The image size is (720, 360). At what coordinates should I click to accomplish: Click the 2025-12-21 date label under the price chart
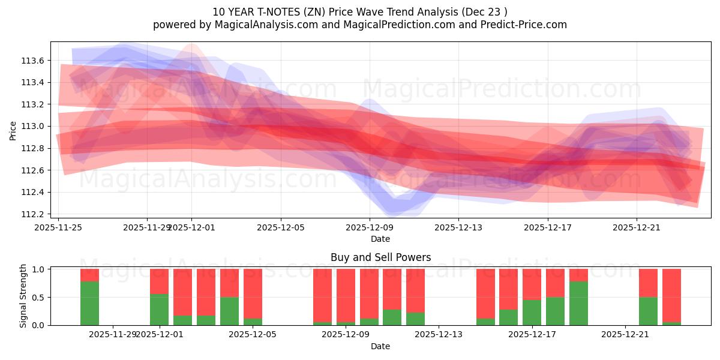click(637, 227)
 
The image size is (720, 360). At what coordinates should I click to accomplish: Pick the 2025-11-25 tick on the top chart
click(59, 227)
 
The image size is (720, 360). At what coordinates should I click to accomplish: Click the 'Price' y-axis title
click(13, 130)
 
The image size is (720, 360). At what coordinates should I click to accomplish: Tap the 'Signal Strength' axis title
click(23, 296)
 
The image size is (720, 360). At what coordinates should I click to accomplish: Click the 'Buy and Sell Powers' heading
click(380, 257)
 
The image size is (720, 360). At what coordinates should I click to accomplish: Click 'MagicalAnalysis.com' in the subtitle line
click(250, 25)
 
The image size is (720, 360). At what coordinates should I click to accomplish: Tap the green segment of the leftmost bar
click(89, 303)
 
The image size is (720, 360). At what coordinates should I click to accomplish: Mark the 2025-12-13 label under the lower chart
click(439, 334)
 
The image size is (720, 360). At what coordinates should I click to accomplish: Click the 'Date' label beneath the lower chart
click(380, 346)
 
